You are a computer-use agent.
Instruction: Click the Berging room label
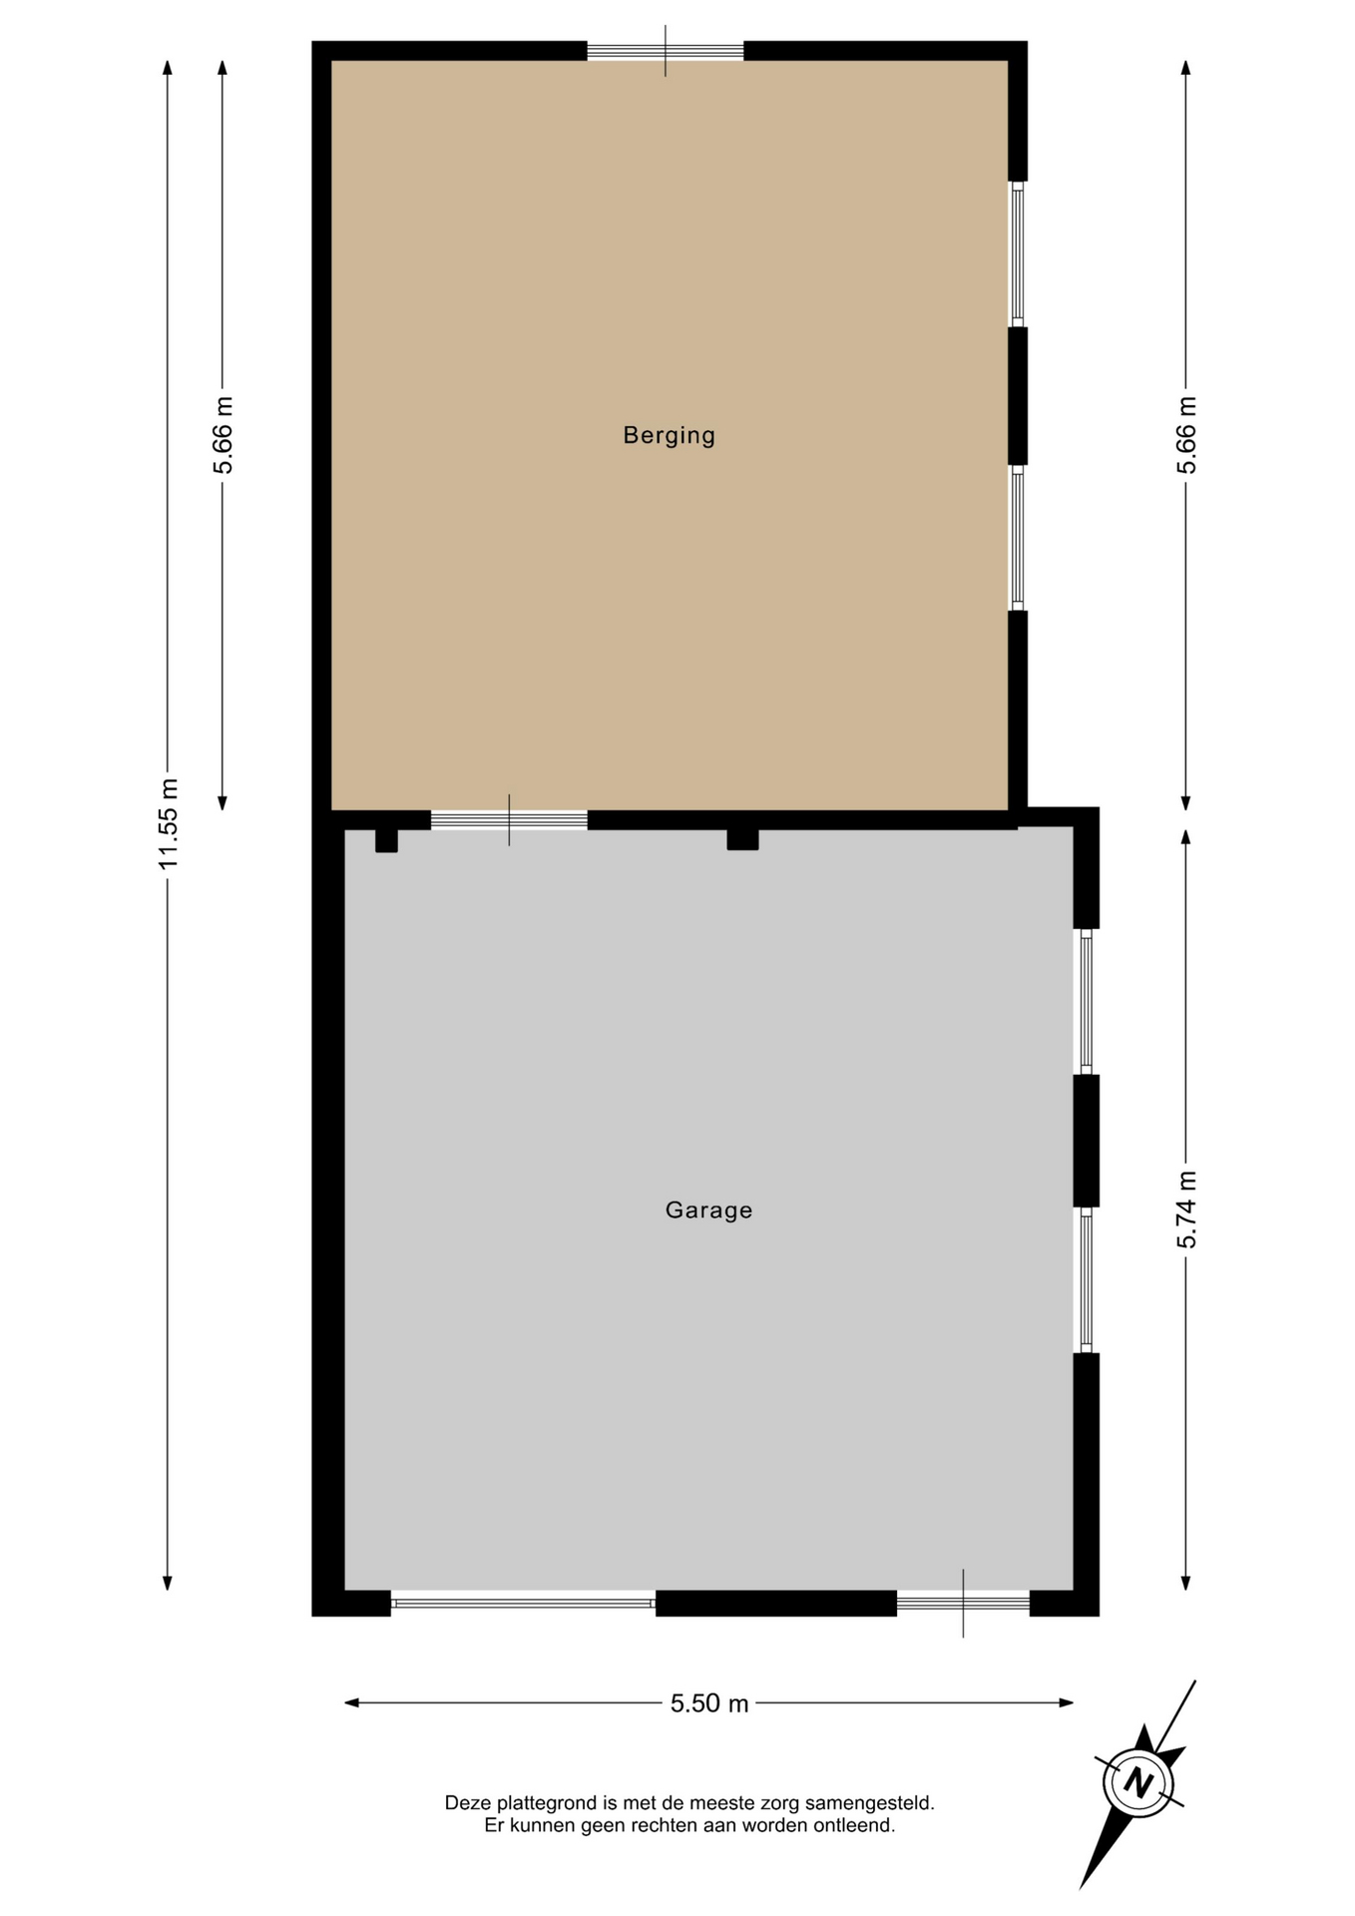669,435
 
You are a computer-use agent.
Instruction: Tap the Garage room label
708,1209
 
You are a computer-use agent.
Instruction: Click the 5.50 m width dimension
709,1702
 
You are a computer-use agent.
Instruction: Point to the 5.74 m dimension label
1185,1208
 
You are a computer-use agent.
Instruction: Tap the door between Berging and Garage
509,820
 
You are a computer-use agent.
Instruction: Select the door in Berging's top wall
666,51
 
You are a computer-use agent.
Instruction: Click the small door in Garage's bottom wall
963,1603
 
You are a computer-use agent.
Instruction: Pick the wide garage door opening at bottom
523,1603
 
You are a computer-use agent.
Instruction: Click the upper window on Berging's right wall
1018,253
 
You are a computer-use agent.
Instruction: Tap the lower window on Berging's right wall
1018,538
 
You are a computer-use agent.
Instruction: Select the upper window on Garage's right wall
1087,1002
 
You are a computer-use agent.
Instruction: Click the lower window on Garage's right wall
1087,1280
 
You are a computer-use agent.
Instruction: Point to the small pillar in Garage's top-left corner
386,840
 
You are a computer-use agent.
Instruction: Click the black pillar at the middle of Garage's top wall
742,839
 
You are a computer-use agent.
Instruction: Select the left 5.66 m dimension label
223,435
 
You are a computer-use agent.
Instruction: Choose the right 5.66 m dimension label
1185,435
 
